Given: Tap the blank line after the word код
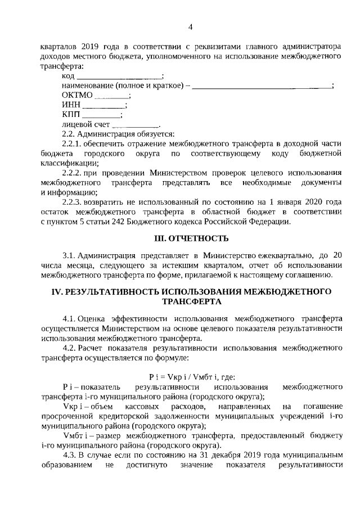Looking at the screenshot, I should pos(119,76).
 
